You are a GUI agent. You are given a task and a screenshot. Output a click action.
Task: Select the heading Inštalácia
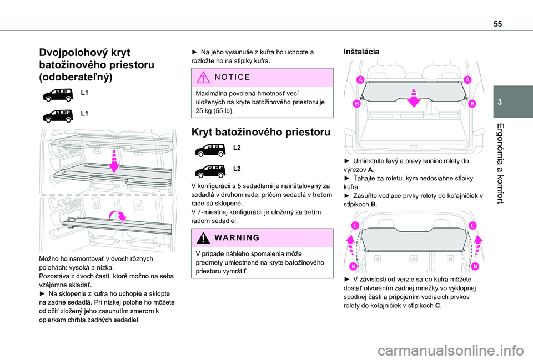(x=362, y=52)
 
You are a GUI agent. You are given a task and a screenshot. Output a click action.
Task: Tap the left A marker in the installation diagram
(x=360, y=80)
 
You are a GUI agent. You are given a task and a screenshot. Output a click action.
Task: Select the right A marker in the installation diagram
(x=467, y=80)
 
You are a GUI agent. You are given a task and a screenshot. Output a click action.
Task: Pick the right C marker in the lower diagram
(x=472, y=225)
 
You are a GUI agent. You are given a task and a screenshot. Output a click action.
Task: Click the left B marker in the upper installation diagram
(x=356, y=104)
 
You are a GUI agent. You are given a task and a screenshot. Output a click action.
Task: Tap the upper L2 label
(x=237, y=148)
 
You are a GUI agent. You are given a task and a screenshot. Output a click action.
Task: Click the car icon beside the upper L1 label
(x=58, y=93)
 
